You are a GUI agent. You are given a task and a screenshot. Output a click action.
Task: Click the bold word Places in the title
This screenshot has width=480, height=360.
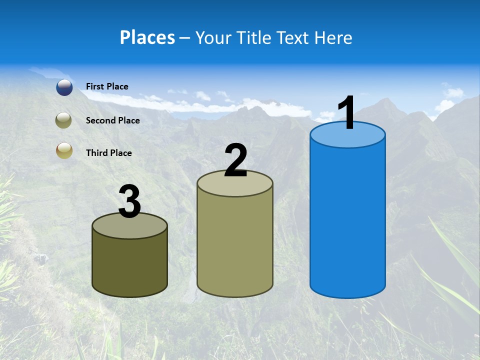click(x=147, y=37)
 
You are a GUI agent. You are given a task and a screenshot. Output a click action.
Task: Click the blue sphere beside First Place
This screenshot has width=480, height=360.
click(x=64, y=87)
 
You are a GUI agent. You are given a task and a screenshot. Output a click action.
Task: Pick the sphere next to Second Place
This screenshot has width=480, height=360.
click(x=64, y=120)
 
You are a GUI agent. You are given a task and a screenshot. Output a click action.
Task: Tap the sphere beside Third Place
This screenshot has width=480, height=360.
click(x=64, y=150)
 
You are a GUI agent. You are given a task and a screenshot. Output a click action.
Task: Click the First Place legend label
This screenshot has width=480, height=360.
click(x=107, y=86)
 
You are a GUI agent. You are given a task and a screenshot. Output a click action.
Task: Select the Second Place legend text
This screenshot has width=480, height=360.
click(x=112, y=120)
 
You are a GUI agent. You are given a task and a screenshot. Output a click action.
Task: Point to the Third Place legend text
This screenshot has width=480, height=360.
click(x=108, y=153)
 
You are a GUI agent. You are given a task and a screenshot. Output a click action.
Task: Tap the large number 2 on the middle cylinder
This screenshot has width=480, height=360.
click(x=236, y=160)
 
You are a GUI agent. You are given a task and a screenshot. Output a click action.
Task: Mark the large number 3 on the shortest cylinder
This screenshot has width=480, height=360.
click(x=130, y=202)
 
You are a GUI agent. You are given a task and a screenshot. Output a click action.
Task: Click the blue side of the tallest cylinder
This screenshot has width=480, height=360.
click(x=347, y=220)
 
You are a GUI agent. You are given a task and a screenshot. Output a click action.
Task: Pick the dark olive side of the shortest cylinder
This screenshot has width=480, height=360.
click(x=130, y=265)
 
